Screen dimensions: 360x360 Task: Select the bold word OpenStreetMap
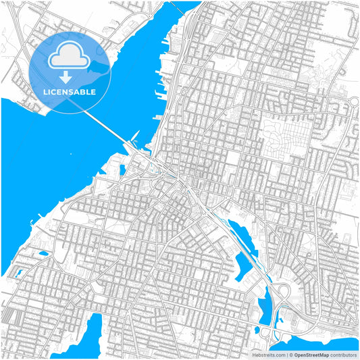pos(311,355)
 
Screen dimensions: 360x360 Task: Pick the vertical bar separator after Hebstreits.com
pos(286,355)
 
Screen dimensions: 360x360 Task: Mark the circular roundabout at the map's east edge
pos(353,102)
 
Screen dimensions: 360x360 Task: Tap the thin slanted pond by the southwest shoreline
pos(18,274)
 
